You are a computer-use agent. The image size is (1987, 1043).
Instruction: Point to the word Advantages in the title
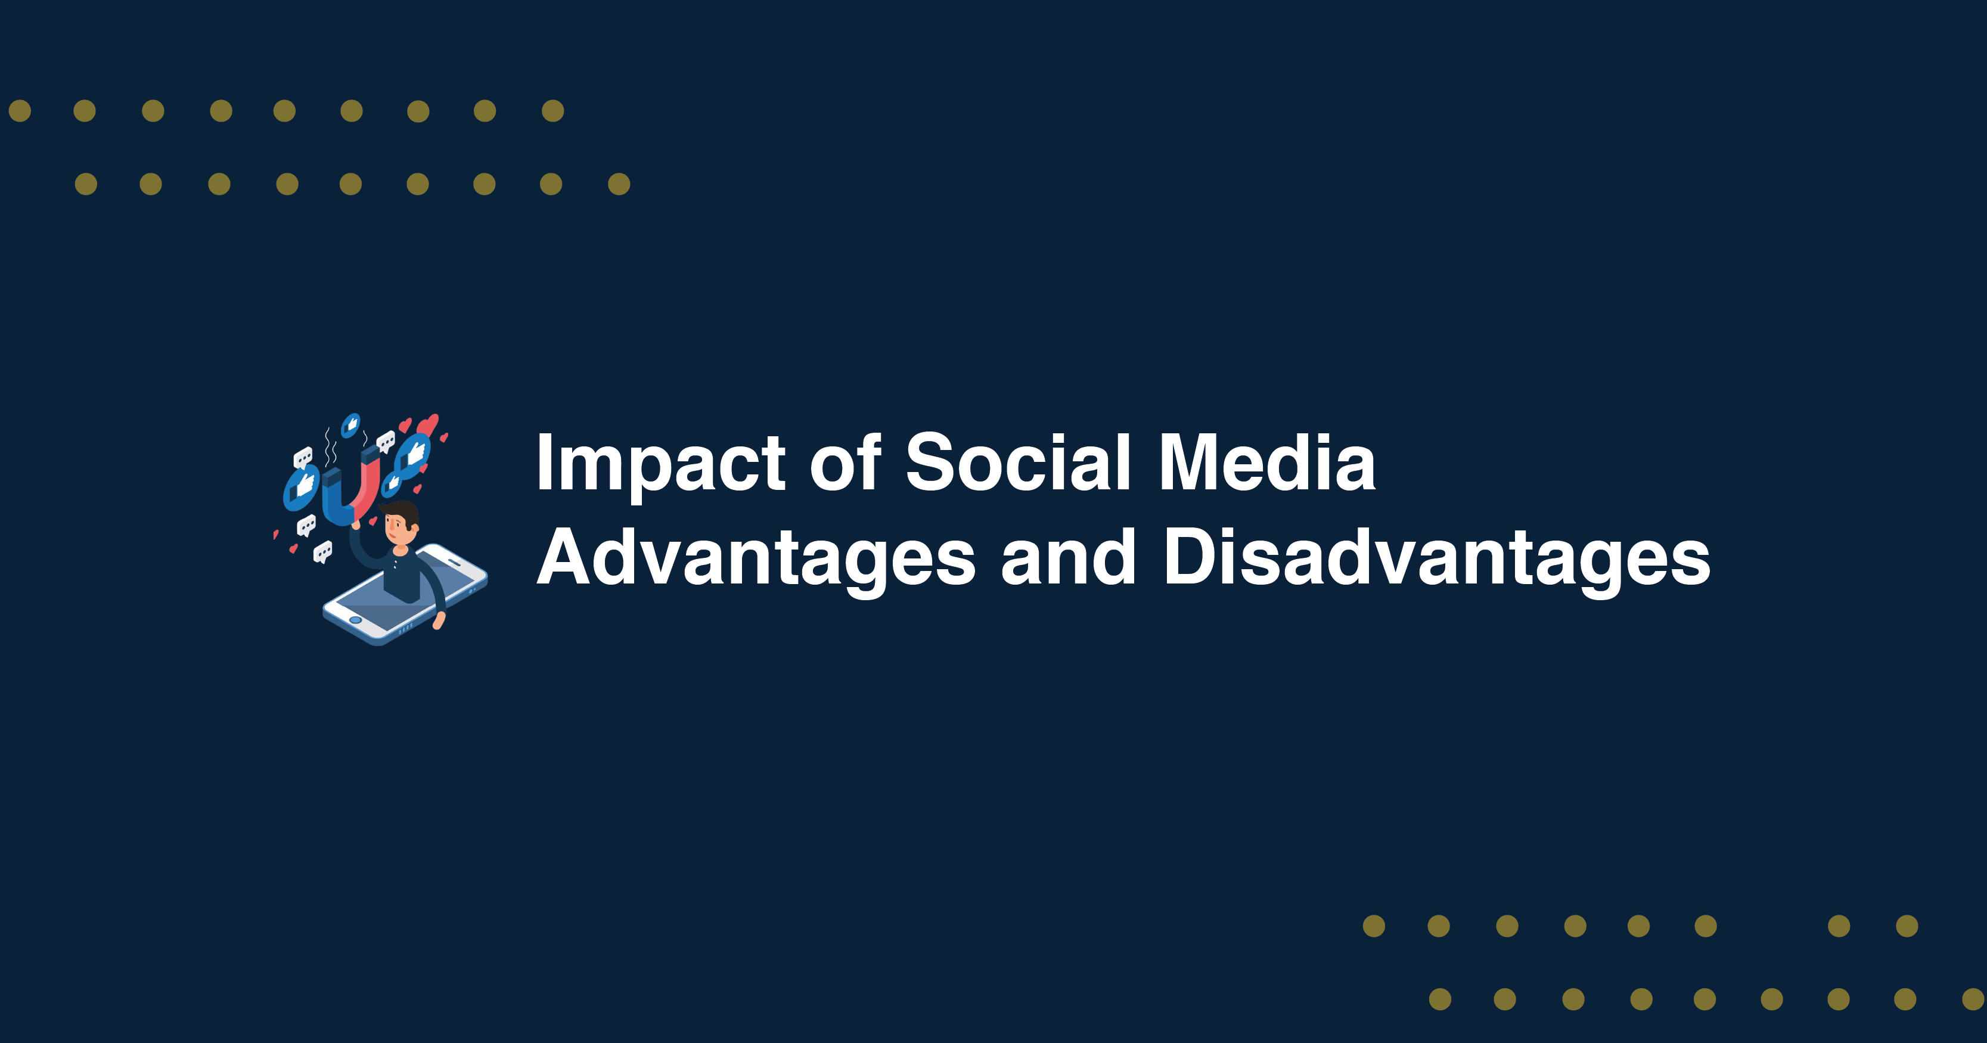tap(756, 558)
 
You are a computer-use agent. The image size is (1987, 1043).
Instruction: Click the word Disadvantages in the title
tap(1436, 558)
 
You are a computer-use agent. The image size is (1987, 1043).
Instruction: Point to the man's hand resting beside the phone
tap(439, 621)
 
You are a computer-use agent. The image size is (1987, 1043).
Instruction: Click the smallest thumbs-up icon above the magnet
tap(351, 424)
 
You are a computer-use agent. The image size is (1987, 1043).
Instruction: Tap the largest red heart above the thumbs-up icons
tap(427, 425)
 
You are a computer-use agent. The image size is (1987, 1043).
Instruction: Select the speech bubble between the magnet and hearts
tap(385, 442)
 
